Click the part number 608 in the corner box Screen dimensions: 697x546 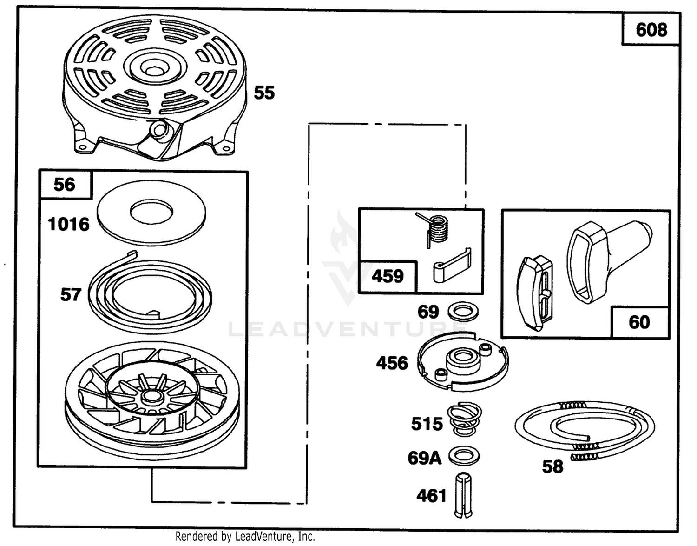651,30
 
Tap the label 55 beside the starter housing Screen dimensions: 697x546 264,93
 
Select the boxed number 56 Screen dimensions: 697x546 65,185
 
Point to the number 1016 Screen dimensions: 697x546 69,224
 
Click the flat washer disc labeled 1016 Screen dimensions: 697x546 151,230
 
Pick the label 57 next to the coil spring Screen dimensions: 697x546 71,295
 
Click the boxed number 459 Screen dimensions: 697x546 388,276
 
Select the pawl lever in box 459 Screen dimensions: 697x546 452,266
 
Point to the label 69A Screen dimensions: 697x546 424,459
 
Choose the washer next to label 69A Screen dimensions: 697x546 464,456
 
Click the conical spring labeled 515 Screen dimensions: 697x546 465,419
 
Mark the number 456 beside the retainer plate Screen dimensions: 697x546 392,363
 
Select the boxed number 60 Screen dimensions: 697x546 639,322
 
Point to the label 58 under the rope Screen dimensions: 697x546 552,466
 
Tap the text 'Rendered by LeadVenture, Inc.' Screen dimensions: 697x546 245,536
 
